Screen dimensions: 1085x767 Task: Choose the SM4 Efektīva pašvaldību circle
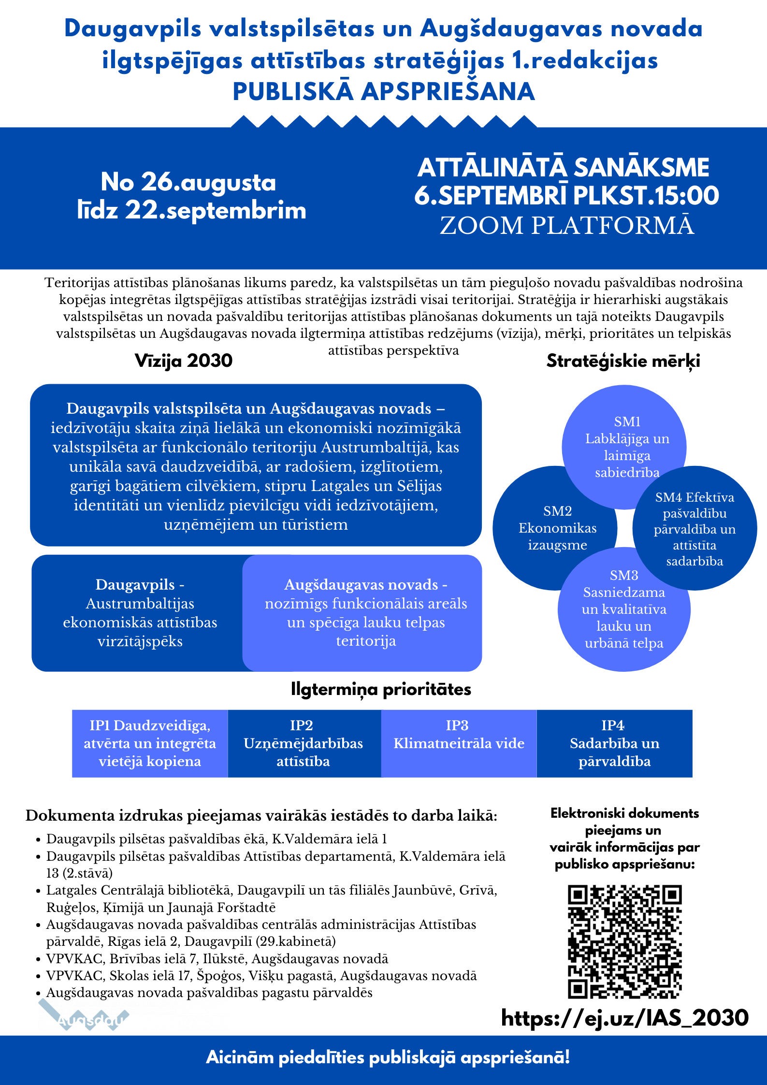(695, 529)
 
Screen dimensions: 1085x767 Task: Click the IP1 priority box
(150, 743)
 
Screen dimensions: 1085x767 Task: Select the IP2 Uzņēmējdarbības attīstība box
(304, 743)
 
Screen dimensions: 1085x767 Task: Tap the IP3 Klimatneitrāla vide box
(459, 743)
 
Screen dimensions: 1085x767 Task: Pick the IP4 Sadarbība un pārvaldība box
(614, 743)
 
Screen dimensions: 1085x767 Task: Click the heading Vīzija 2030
(184, 361)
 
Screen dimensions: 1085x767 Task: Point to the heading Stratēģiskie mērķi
(623, 361)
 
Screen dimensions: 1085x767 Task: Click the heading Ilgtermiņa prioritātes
(381, 689)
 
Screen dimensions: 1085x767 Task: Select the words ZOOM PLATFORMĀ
(567, 225)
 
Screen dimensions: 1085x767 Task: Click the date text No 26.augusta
(188, 182)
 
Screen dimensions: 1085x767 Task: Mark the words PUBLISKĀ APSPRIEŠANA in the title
(384, 92)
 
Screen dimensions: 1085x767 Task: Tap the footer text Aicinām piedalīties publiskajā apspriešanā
(388, 1057)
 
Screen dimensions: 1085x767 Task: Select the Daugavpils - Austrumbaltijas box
(140, 613)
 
